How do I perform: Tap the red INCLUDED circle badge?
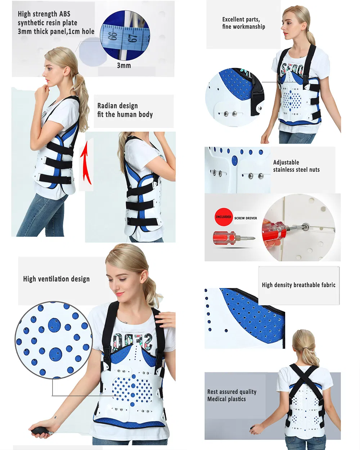(x=223, y=217)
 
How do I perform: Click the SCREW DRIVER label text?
(x=246, y=218)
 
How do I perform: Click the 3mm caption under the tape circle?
(x=123, y=66)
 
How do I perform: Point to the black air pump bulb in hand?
(x=38, y=431)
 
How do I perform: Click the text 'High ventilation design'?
(x=56, y=279)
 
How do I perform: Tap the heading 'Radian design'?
(x=117, y=106)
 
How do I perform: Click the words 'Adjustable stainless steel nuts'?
(x=296, y=166)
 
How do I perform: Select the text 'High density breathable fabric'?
(x=298, y=285)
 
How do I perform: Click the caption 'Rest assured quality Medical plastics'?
(x=231, y=395)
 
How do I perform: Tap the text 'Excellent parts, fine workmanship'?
(x=243, y=23)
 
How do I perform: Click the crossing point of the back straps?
(x=304, y=377)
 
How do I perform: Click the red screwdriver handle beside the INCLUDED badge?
(x=224, y=238)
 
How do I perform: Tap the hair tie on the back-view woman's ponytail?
(x=305, y=348)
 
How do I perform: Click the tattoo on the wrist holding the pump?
(x=55, y=418)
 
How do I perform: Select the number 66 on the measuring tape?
(x=114, y=36)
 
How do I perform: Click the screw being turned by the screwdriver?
(x=307, y=226)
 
